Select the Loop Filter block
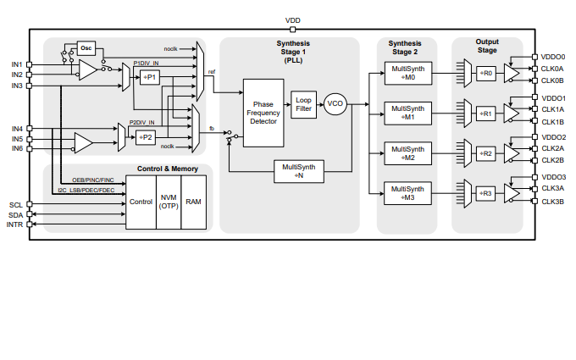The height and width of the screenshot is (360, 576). coord(303,104)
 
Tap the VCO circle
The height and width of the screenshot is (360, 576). coord(335,104)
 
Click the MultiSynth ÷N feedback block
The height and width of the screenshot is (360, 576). coord(299,171)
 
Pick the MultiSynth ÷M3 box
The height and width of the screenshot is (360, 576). coord(407,193)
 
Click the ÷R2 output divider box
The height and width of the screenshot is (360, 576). coord(485,153)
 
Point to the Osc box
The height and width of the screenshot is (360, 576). coord(86,48)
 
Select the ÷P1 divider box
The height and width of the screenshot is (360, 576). coord(149,78)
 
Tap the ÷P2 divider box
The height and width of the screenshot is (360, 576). coord(146,136)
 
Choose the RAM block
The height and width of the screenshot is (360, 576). coord(195,202)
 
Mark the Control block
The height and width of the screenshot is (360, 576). coord(141,202)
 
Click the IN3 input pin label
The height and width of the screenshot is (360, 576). coord(17,86)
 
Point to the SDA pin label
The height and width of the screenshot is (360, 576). coord(16,215)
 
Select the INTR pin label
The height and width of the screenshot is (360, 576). coord(15,225)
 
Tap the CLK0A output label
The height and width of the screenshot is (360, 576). coord(552,69)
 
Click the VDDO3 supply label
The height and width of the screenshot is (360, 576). coord(553,177)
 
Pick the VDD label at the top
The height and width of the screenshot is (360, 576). coord(292,19)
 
